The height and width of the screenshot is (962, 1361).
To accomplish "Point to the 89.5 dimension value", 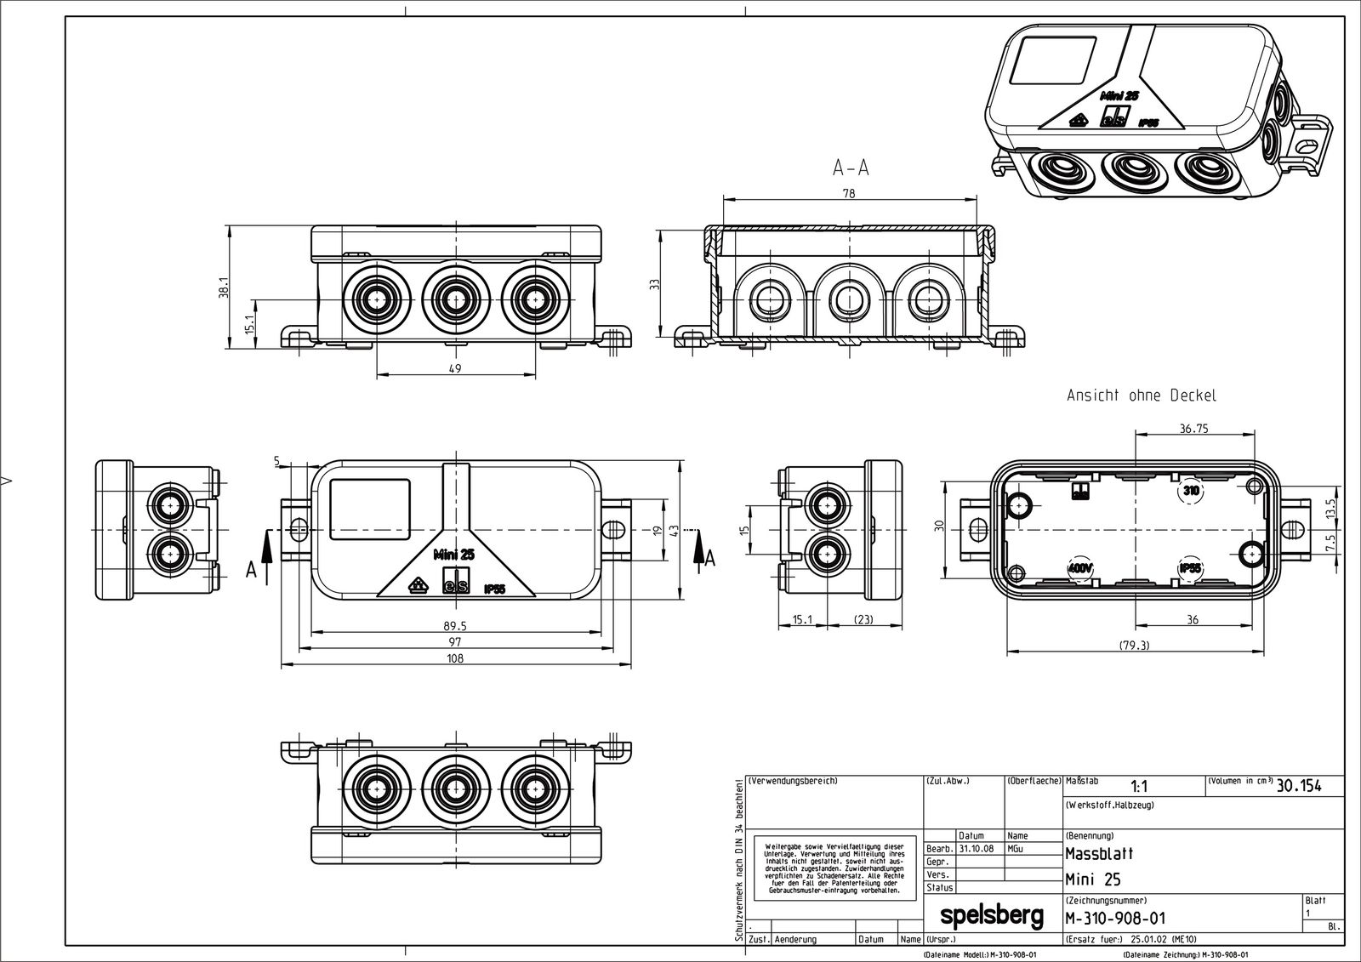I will tap(457, 625).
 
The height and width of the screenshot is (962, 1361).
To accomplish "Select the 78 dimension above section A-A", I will tap(848, 193).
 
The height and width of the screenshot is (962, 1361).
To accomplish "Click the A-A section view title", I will tap(851, 168).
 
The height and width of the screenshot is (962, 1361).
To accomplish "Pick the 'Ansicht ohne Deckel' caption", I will tap(1142, 396).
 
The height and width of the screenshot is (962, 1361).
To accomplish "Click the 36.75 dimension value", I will tap(1193, 429).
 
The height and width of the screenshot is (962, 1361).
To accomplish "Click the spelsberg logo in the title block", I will tap(991, 916).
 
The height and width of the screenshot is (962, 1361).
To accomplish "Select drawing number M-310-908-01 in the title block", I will tap(1115, 918).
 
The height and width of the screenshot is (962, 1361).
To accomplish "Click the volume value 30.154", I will tap(1299, 786).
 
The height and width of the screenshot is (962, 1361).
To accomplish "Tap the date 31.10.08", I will tap(977, 849).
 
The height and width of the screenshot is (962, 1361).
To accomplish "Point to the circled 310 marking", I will tap(1190, 491).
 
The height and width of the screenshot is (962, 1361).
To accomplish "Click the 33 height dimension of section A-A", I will tap(655, 284).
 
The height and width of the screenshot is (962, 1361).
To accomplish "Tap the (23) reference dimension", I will tap(863, 620).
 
